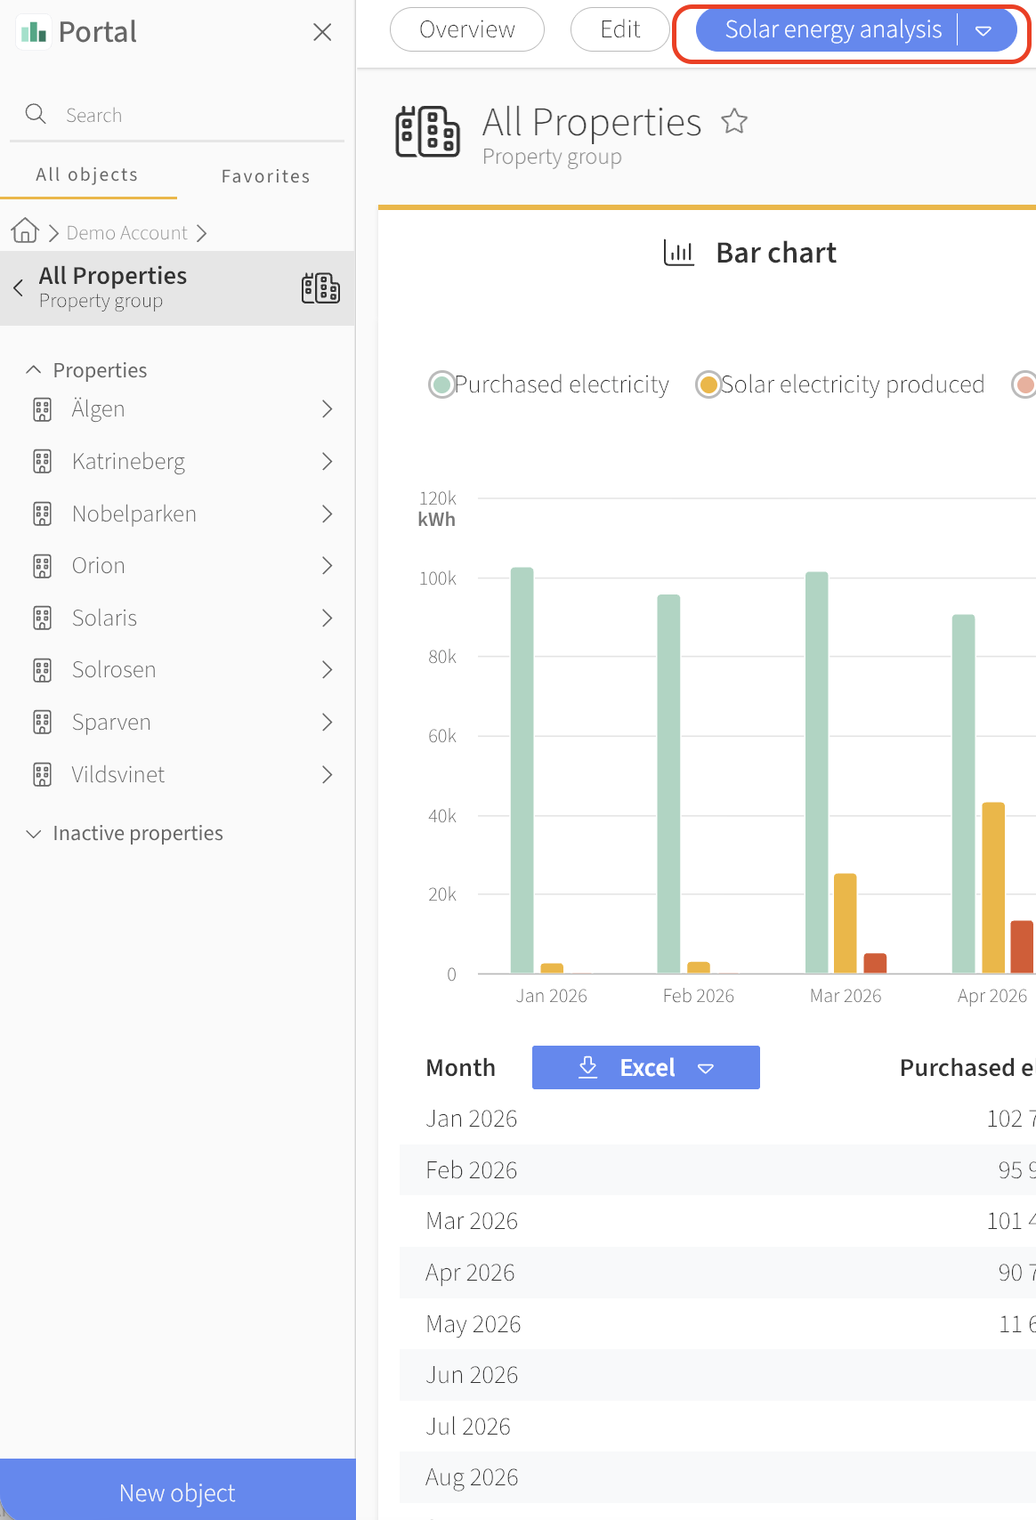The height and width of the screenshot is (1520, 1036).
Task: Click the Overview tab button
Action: click(x=466, y=30)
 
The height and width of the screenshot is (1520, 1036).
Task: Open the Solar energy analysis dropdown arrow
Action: click(x=983, y=30)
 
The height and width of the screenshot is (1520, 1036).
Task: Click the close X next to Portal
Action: click(x=322, y=32)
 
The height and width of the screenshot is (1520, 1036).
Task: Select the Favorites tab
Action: click(x=266, y=176)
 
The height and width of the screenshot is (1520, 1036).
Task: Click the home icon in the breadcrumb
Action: click(x=25, y=230)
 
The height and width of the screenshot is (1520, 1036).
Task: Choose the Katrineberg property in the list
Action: click(x=128, y=461)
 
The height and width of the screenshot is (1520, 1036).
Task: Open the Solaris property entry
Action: click(x=104, y=619)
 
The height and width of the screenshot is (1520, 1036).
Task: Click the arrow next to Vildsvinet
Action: click(x=327, y=775)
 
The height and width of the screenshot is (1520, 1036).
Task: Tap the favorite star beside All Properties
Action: click(x=734, y=121)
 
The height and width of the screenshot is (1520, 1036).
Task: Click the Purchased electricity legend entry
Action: click(x=549, y=384)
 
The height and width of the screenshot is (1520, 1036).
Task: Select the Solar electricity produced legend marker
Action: click(x=708, y=384)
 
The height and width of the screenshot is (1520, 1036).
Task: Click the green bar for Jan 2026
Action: click(x=522, y=770)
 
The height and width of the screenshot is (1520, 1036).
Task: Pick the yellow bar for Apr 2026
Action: click(x=993, y=887)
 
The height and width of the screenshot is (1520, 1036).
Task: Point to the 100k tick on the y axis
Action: click(x=438, y=578)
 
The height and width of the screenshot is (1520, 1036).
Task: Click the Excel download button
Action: click(x=646, y=1067)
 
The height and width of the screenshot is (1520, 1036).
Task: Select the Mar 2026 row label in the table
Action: click(x=472, y=1221)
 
